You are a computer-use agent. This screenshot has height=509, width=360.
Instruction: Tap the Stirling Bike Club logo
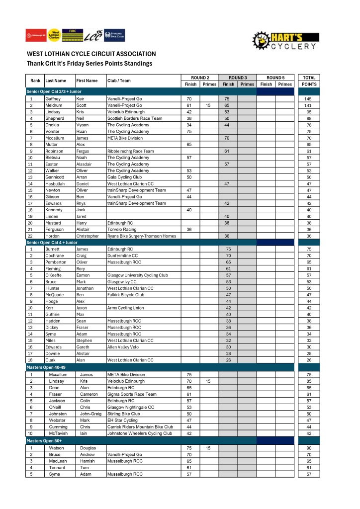coord(115,35)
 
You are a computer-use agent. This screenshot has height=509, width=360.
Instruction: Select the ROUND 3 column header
coord(238,78)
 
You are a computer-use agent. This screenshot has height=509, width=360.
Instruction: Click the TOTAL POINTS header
coord(309,81)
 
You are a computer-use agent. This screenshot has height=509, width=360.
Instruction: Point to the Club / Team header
coord(119,81)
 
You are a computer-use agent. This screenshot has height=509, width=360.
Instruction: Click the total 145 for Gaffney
coord(308,99)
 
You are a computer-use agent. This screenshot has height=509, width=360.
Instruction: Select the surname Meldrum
coord(53,105)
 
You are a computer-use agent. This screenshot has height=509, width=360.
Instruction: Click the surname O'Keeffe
coord(54,275)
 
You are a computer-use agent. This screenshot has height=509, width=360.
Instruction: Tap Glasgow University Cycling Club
coord(137,275)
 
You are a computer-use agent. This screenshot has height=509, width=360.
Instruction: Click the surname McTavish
coord(58,433)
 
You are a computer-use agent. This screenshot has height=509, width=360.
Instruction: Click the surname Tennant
coord(58,467)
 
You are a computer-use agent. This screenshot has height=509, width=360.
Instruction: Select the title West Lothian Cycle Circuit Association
coord(91,54)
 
